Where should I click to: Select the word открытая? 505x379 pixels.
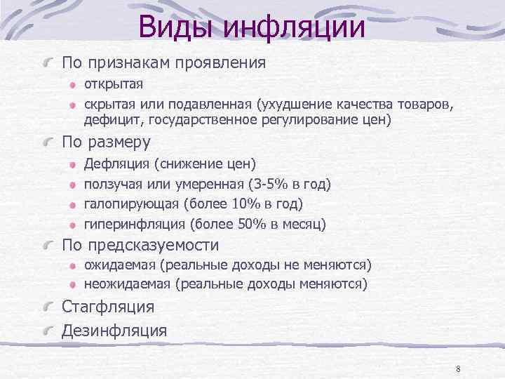point(114,84)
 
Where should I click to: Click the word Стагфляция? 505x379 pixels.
point(108,307)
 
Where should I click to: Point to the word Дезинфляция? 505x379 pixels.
point(114,330)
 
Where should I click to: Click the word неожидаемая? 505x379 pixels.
point(128,284)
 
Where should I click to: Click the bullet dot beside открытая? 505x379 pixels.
point(72,85)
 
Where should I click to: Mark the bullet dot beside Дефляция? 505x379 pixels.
point(72,164)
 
